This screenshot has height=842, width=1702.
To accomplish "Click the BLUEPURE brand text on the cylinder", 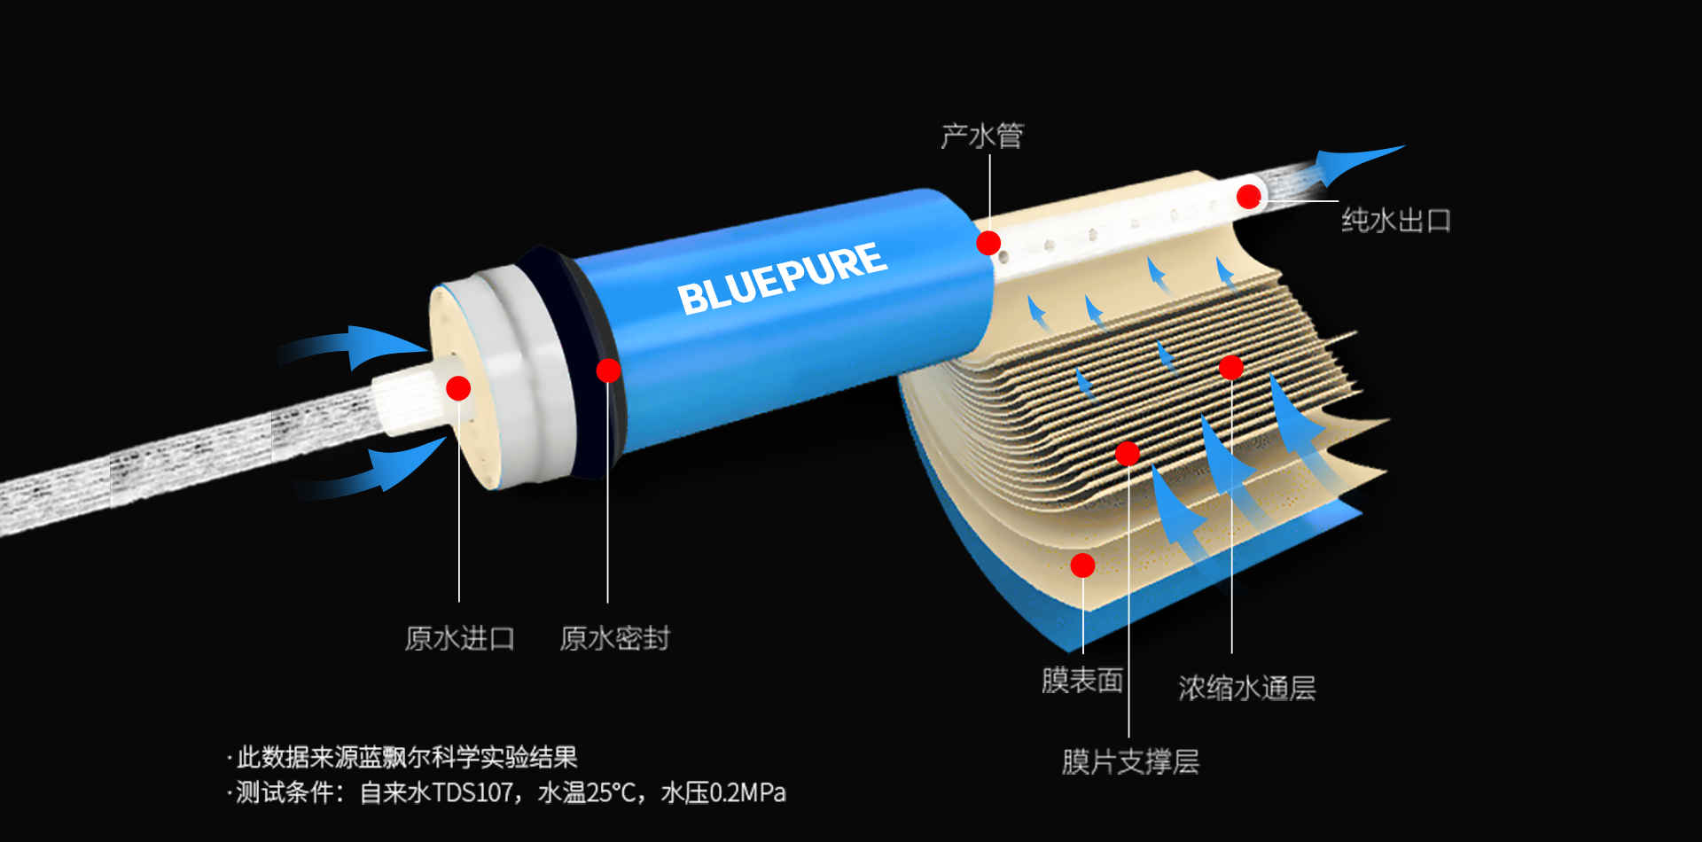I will coord(782,277).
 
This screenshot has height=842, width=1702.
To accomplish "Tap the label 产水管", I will coord(982,136).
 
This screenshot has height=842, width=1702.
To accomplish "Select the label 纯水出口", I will coord(1396,220).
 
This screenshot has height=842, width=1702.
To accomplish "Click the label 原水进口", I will coord(459,638).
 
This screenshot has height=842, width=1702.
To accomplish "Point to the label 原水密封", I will coord(614,638).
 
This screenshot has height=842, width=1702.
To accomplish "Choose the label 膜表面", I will coord(1082,681).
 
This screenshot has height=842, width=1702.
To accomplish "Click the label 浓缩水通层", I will coord(1246,688).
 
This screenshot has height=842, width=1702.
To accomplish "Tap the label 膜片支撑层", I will coord(1130,761).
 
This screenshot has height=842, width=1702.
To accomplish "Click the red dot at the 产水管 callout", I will coord(988,243).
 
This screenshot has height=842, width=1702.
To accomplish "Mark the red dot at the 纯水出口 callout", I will coord(1249,197).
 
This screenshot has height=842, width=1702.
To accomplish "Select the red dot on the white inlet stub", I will coord(458,388).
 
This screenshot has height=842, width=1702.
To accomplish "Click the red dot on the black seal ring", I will coord(608,370).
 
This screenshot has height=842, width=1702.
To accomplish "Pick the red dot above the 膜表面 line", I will coord(1082,565).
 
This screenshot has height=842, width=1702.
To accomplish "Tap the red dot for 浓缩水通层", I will coord(1231,367).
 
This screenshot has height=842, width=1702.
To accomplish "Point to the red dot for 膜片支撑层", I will coord(1128,454).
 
